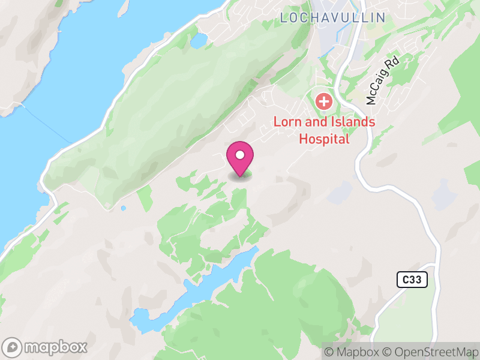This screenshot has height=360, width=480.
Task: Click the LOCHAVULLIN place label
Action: [x=332, y=18]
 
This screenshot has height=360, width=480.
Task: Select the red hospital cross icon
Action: [x=324, y=101]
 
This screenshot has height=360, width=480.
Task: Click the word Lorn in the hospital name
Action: [x=286, y=122]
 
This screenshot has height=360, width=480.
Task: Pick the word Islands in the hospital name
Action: [x=353, y=122]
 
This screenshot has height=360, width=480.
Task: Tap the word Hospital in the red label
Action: [x=324, y=139]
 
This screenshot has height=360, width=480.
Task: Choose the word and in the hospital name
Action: [x=314, y=122]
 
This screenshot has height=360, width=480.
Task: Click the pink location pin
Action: [x=240, y=158]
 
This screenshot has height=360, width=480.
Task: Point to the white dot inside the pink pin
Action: [x=240, y=155]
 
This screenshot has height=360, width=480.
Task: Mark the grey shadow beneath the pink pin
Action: [x=240, y=176]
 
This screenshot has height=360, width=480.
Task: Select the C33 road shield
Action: [x=412, y=279]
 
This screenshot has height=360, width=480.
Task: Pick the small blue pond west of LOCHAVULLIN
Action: [x=197, y=40]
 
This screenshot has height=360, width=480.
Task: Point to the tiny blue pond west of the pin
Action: [x=123, y=208]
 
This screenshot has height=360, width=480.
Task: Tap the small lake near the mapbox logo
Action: [x=144, y=320]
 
